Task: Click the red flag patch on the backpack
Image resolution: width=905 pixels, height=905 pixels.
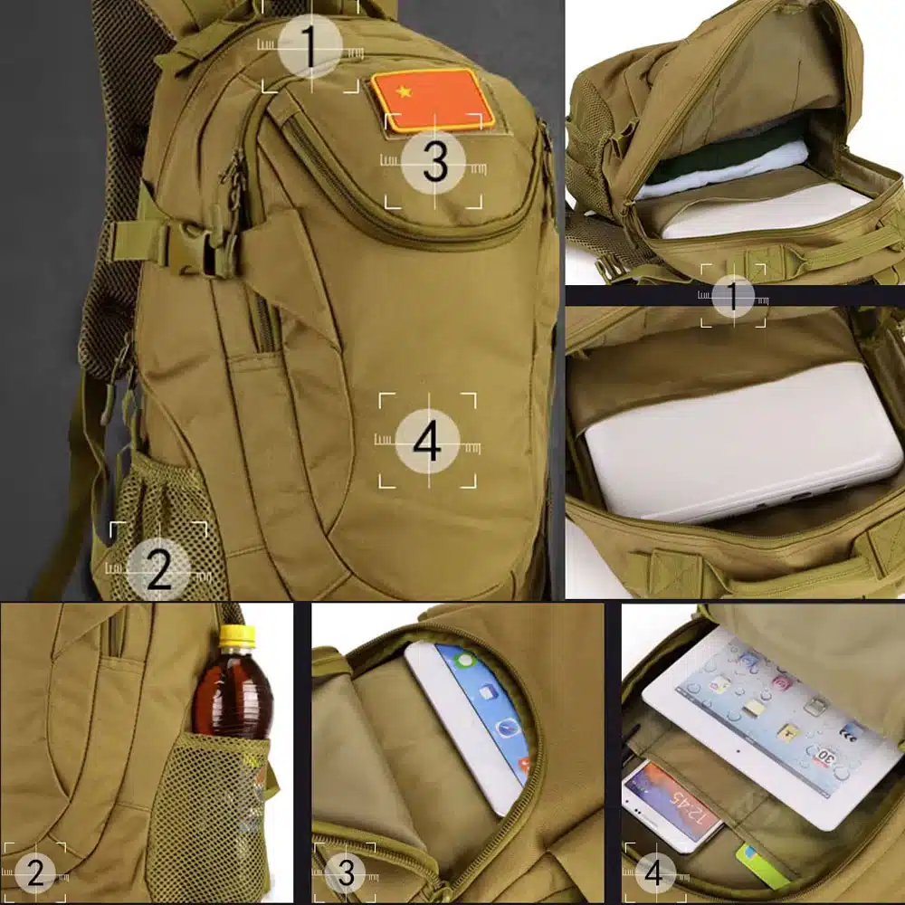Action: click(x=433, y=99)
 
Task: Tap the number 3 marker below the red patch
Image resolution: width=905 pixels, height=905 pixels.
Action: click(x=435, y=162)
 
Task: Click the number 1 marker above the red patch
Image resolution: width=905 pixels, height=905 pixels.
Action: click(x=310, y=45)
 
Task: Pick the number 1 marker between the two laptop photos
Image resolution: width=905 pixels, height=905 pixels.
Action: click(x=733, y=296)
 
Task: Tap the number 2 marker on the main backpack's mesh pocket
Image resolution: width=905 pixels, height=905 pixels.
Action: click(x=158, y=570)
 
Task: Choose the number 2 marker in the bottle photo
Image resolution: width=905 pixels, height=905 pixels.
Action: click(x=34, y=873)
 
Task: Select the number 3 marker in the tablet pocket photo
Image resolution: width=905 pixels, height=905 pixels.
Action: click(x=346, y=873)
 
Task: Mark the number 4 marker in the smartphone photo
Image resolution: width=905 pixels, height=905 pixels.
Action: click(x=653, y=873)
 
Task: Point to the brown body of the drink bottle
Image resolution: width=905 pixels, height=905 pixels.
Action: click(x=234, y=692)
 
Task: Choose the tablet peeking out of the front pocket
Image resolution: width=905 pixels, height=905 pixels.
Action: click(x=471, y=715)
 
